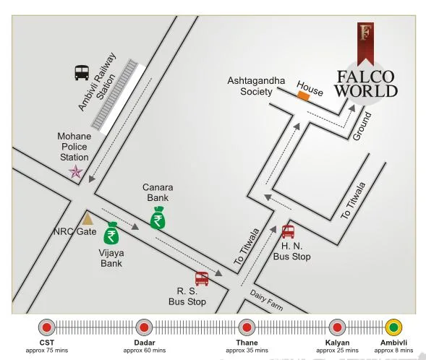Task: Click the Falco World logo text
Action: (367, 84)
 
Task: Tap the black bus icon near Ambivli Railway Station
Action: (82, 72)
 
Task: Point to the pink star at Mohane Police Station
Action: (75, 171)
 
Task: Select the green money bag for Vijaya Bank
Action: (111, 234)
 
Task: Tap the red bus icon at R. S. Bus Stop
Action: (202, 278)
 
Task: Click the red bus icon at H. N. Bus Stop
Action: (288, 231)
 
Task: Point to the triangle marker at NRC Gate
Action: (88, 218)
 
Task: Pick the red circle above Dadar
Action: (145, 327)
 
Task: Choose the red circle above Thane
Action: (247, 327)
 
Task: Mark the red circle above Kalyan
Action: (337, 327)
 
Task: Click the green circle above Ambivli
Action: (394, 327)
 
